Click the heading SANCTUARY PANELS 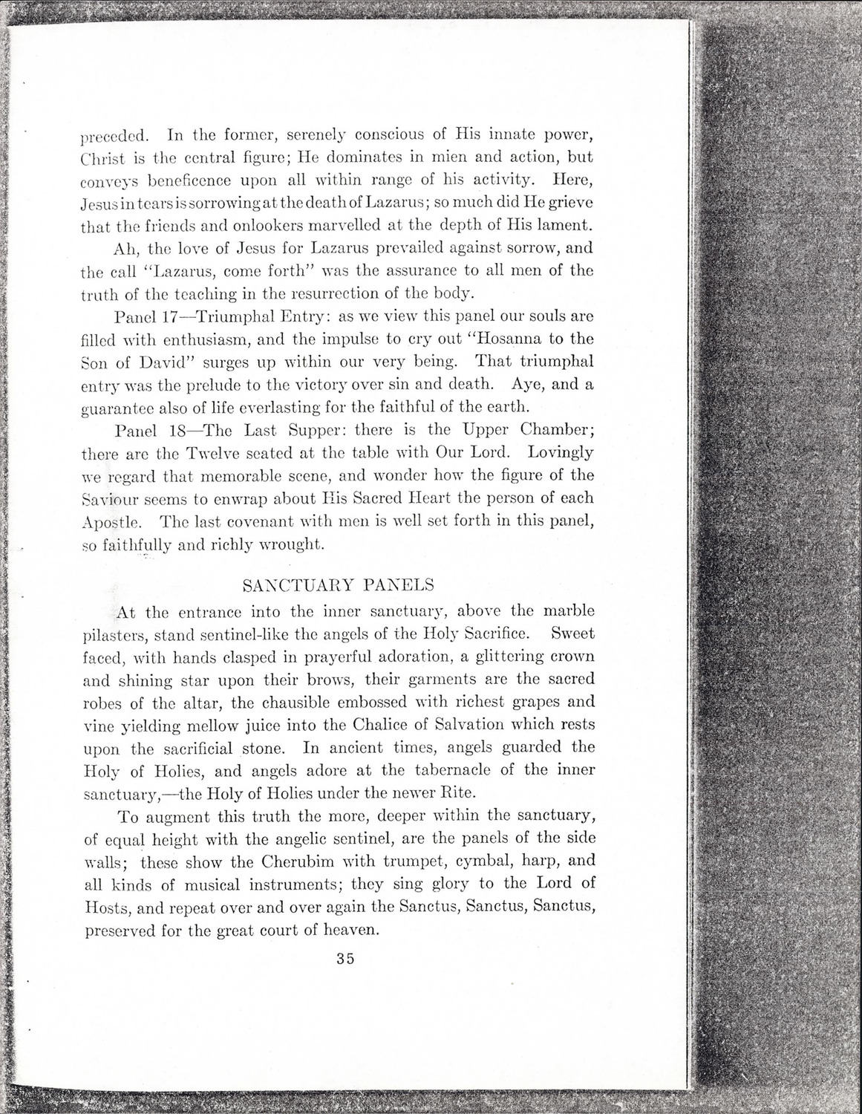coord(339,584)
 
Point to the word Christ coord(103,159)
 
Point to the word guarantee coord(117,408)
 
